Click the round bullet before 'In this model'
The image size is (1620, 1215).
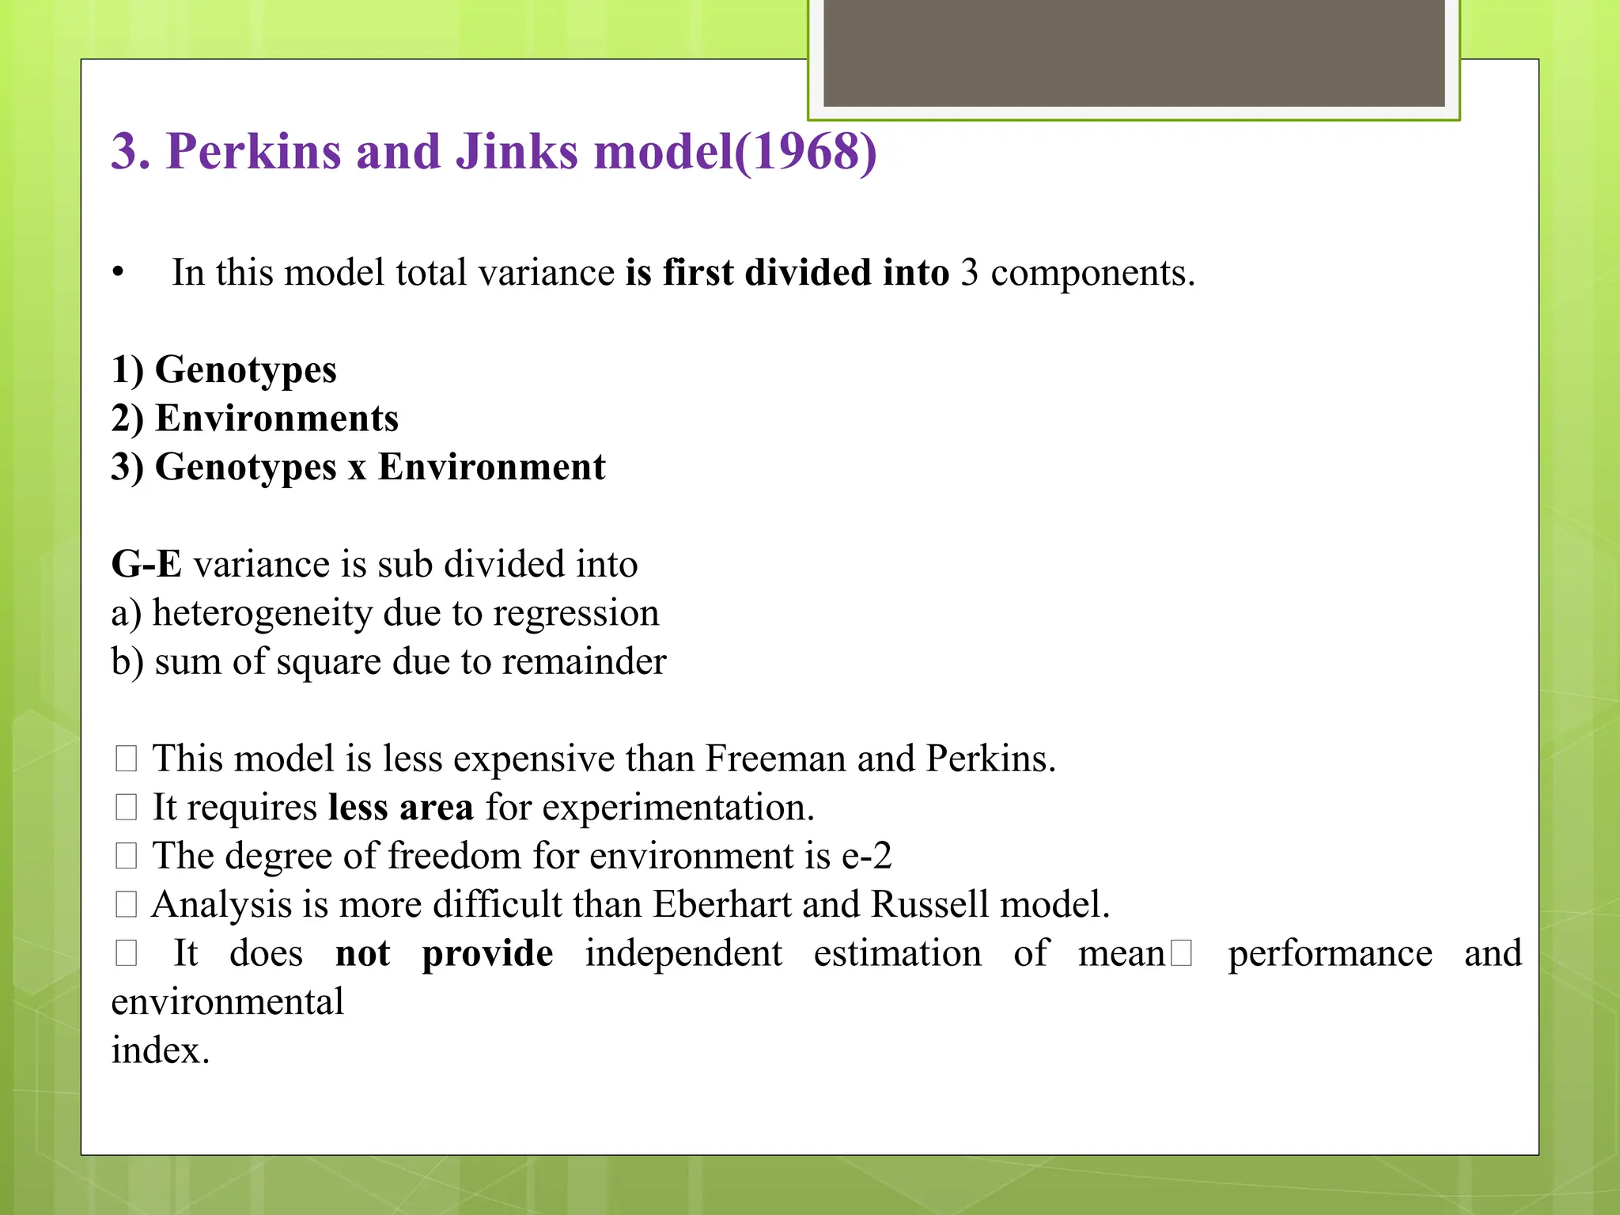pos(119,273)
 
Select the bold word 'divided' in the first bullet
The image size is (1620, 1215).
pos(808,273)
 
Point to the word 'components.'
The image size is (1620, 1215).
pos(1092,273)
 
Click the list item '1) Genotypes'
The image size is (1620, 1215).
pos(224,370)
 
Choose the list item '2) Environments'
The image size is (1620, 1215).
pos(255,418)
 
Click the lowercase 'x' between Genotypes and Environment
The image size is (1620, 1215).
pos(358,468)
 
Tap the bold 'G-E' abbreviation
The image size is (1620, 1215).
pos(146,565)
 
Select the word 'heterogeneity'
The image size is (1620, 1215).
pos(261,613)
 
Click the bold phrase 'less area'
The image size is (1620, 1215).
pos(400,808)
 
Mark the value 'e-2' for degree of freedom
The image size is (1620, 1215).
pos(866,856)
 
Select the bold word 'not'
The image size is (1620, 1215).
pos(362,953)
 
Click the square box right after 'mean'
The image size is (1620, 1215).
pos(1181,954)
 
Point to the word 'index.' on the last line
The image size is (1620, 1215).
pos(161,1050)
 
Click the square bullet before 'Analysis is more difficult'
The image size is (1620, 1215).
pos(127,904)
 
